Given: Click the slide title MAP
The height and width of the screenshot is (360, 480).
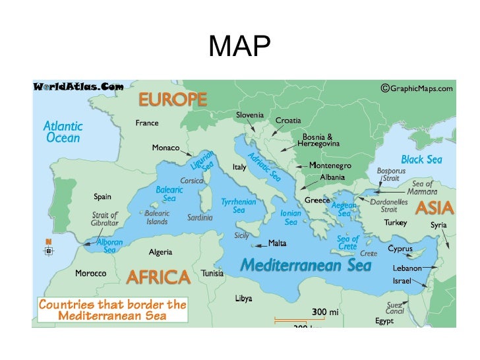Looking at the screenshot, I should pyautogui.click(x=239, y=47).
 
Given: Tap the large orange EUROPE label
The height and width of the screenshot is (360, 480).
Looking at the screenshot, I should pyautogui.click(x=171, y=100).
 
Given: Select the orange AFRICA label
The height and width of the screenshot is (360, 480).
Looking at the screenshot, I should pyautogui.click(x=158, y=277).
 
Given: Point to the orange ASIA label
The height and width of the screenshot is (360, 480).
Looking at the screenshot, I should pyautogui.click(x=434, y=208).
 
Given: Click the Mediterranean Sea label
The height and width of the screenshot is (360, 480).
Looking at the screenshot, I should pyautogui.click(x=305, y=266).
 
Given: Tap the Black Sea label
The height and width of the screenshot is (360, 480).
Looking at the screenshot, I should pyautogui.click(x=421, y=160).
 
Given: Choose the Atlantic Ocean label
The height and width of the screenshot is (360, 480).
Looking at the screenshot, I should pyautogui.click(x=63, y=132).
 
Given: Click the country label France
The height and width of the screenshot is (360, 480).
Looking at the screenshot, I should pyautogui.click(x=146, y=123).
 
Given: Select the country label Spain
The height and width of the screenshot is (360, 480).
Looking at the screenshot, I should pyautogui.click(x=102, y=196).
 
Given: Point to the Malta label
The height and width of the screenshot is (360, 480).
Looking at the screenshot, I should pyautogui.click(x=277, y=243).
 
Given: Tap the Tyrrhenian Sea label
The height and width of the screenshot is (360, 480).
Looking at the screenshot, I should pyautogui.click(x=238, y=206).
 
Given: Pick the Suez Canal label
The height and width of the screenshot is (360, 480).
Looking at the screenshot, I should pyautogui.click(x=395, y=308).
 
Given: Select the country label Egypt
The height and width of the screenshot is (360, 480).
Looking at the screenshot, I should pyautogui.click(x=384, y=321).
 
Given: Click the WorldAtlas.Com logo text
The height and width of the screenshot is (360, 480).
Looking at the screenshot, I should pyautogui.click(x=78, y=86).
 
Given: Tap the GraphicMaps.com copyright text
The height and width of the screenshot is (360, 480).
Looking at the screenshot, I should pyautogui.click(x=417, y=88).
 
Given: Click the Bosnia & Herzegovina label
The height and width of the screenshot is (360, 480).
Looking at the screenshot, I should pyautogui.click(x=318, y=140).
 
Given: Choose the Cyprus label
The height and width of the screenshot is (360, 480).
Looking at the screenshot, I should pyautogui.click(x=400, y=249).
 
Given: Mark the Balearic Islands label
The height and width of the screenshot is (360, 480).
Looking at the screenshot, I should pyautogui.click(x=156, y=217).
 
